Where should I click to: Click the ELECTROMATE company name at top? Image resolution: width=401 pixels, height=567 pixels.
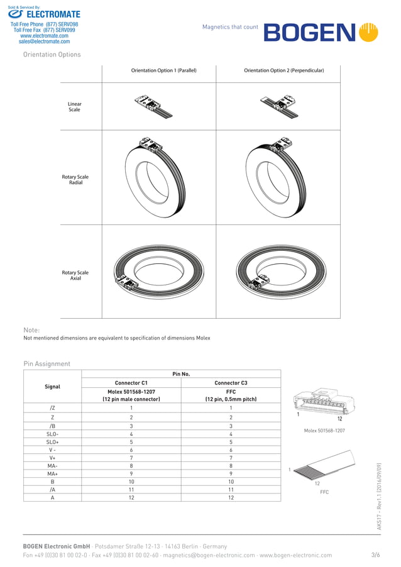pyautogui.click(x=53, y=14)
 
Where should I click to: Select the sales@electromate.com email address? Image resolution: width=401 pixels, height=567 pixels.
pyautogui.click(x=44, y=41)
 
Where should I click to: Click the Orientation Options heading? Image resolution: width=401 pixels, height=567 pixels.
pyautogui.click(x=52, y=55)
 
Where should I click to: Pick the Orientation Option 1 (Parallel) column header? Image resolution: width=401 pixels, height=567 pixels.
pyautogui.click(x=163, y=70)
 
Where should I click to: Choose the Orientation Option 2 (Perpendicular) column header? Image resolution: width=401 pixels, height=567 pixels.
pyautogui.click(x=283, y=70)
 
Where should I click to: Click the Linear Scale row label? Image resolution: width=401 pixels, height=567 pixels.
pyautogui.click(x=74, y=107)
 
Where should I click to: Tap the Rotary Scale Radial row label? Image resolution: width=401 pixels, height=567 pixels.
pyautogui.click(x=75, y=180)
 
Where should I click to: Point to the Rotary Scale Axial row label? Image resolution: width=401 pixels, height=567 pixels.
pyautogui.click(x=75, y=275)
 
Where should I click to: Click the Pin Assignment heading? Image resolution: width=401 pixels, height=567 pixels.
pyautogui.click(x=47, y=364)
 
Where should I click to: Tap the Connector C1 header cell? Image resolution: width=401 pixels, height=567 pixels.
pyautogui.click(x=131, y=383)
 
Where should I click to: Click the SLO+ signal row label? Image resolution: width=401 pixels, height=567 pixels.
pyautogui.click(x=52, y=443)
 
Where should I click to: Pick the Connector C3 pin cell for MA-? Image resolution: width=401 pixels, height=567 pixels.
pyautogui.click(x=231, y=465)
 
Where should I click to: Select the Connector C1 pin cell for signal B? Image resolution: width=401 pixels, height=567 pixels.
pyautogui.click(x=131, y=481)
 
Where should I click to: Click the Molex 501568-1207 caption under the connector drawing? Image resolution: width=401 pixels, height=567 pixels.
pyautogui.click(x=324, y=431)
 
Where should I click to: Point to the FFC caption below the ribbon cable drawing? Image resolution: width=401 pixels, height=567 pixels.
pyautogui.click(x=324, y=492)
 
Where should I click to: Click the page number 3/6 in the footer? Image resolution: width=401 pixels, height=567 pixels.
pyautogui.click(x=375, y=555)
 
